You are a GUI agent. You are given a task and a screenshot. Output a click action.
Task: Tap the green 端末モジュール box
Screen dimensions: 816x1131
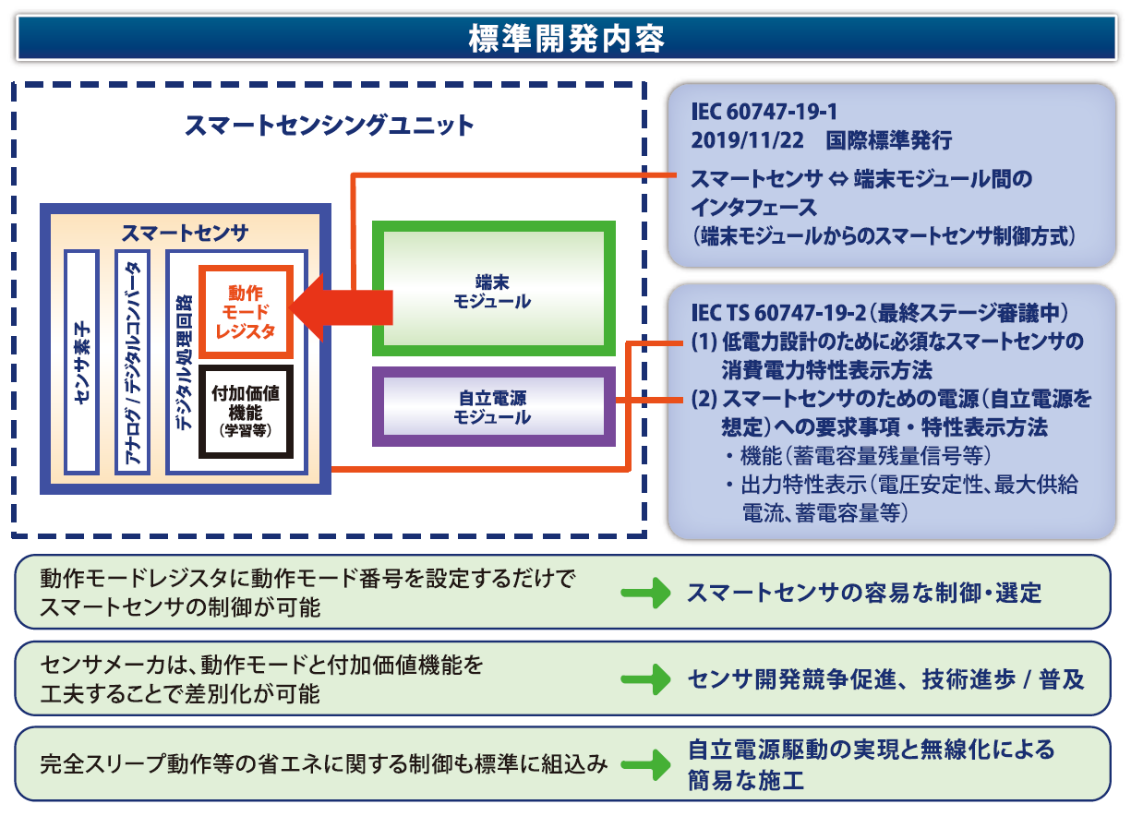click(x=492, y=288)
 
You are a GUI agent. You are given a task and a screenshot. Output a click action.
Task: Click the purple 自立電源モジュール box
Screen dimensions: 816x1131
click(x=492, y=407)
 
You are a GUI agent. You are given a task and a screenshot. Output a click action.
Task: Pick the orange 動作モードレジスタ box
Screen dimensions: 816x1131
click(x=246, y=312)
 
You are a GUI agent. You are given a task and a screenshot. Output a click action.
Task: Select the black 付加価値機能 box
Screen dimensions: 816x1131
click(x=246, y=410)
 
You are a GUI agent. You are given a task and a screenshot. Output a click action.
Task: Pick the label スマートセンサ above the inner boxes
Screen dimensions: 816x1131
click(x=185, y=233)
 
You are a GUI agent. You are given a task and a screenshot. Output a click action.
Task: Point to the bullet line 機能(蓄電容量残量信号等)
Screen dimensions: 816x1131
click(x=859, y=456)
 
